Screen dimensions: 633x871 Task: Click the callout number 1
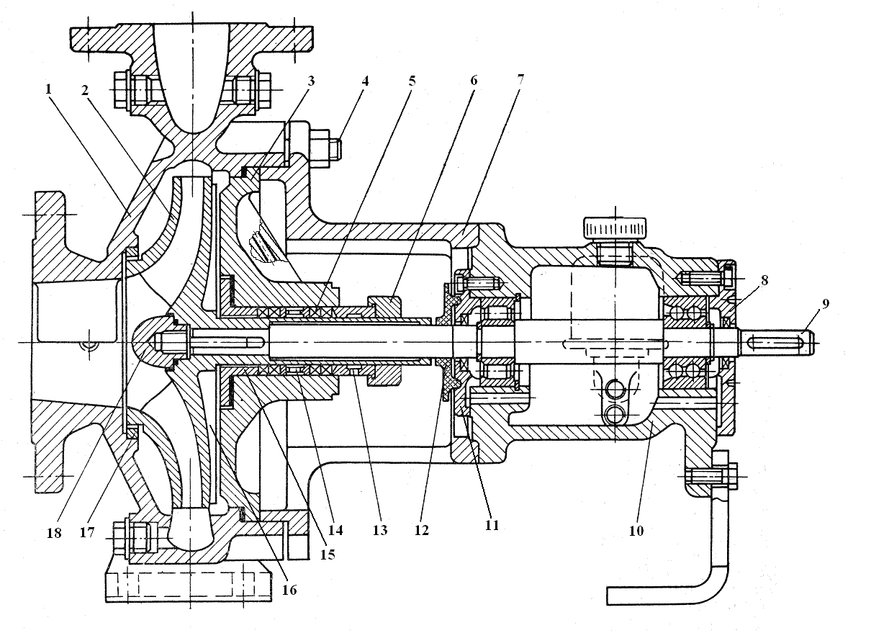coord(48,89)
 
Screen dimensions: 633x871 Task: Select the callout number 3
coord(310,81)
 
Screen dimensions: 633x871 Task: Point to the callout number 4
coord(365,81)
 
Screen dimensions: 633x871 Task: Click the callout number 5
coord(412,81)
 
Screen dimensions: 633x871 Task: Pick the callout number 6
coord(474,81)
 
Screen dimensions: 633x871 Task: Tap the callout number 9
coord(826,303)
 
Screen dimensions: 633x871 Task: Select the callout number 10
coord(636,531)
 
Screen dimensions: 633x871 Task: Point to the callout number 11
coord(492,525)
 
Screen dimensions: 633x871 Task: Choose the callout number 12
coord(422,531)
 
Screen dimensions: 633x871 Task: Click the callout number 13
coord(379,531)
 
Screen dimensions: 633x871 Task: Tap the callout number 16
coord(289,589)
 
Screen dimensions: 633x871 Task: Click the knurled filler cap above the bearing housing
coord(615,230)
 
